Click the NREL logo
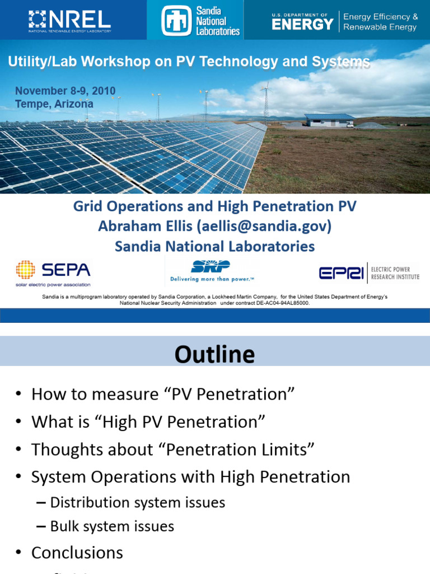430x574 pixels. (69, 20)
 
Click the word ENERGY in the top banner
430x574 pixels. (302, 24)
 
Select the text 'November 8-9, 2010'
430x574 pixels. (65, 91)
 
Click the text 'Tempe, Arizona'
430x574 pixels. (54, 104)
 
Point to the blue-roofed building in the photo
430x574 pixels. (329, 120)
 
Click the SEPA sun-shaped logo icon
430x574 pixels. (25, 270)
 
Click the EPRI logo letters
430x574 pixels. (341, 273)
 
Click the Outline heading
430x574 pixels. (214, 354)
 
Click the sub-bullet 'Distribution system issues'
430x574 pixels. (138, 502)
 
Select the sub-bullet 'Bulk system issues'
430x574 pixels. (112, 526)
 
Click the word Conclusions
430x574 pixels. (77, 553)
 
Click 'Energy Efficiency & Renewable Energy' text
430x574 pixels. (380, 22)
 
